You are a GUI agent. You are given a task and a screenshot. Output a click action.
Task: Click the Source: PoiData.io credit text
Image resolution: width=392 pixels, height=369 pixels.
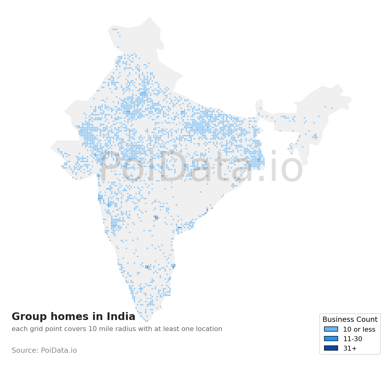(44, 351)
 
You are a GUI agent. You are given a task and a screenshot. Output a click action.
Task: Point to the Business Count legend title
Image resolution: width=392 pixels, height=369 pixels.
(350, 320)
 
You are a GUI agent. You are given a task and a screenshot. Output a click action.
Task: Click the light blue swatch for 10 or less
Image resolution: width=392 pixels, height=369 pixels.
(331, 329)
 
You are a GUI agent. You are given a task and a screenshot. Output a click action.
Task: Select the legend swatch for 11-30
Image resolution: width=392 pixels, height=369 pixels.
(331, 339)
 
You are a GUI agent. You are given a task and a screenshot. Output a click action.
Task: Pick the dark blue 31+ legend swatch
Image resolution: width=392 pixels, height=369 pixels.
(331, 348)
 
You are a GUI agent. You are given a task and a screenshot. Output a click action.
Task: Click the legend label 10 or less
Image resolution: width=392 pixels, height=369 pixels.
(359, 329)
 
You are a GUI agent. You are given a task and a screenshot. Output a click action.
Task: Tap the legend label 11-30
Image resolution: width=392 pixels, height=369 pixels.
(352, 339)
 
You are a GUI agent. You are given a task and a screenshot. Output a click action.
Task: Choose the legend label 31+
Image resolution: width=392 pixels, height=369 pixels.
(350, 348)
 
